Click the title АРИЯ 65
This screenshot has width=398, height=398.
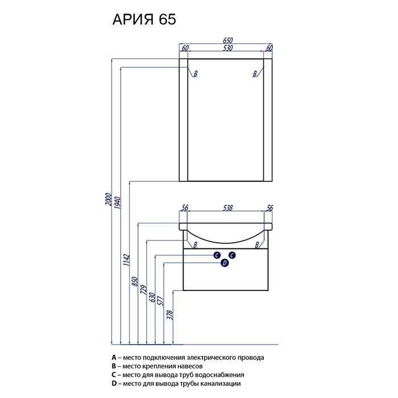click(x=144, y=19)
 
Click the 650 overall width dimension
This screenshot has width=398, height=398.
click(x=227, y=40)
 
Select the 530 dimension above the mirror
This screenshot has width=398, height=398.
click(x=227, y=48)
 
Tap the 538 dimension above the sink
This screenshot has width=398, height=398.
click(x=227, y=208)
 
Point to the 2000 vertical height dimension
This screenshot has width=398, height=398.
click(x=109, y=199)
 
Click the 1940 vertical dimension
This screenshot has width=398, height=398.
click(x=118, y=202)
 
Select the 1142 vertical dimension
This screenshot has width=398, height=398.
click(x=126, y=260)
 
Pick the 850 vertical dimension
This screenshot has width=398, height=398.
click(x=135, y=281)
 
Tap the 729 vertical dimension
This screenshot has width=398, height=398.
click(x=144, y=290)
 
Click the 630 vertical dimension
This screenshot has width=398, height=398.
click(x=152, y=297)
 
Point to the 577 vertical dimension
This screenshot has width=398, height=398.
click(x=161, y=301)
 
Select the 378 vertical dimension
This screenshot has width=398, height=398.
click(x=170, y=315)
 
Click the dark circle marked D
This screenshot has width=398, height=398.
click(x=225, y=263)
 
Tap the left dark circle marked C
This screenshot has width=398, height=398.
click(x=217, y=255)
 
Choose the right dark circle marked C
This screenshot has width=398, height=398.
click(x=232, y=255)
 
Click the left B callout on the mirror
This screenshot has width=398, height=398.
click(x=196, y=74)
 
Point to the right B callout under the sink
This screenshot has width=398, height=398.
click(x=257, y=244)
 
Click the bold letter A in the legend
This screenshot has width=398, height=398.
click(x=114, y=358)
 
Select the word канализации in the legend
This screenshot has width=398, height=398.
click(x=221, y=384)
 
